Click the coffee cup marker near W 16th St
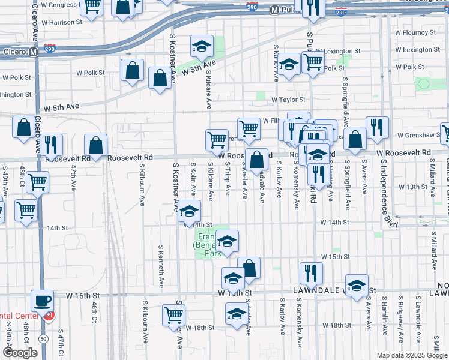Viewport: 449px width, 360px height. point(42,300)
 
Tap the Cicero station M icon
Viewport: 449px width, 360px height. point(34,52)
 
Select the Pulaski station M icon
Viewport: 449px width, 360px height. point(275,10)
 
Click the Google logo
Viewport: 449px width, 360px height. point(20,353)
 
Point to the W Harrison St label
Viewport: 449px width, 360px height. point(62,22)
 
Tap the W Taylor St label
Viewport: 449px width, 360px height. point(288,100)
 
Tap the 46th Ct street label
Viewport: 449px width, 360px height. point(95,312)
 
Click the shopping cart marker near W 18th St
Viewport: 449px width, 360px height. point(173,314)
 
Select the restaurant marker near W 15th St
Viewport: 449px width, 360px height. point(311,272)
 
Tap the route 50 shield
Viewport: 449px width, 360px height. point(43,339)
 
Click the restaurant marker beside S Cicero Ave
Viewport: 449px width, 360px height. point(52,145)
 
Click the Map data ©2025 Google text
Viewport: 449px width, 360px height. point(411,355)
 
